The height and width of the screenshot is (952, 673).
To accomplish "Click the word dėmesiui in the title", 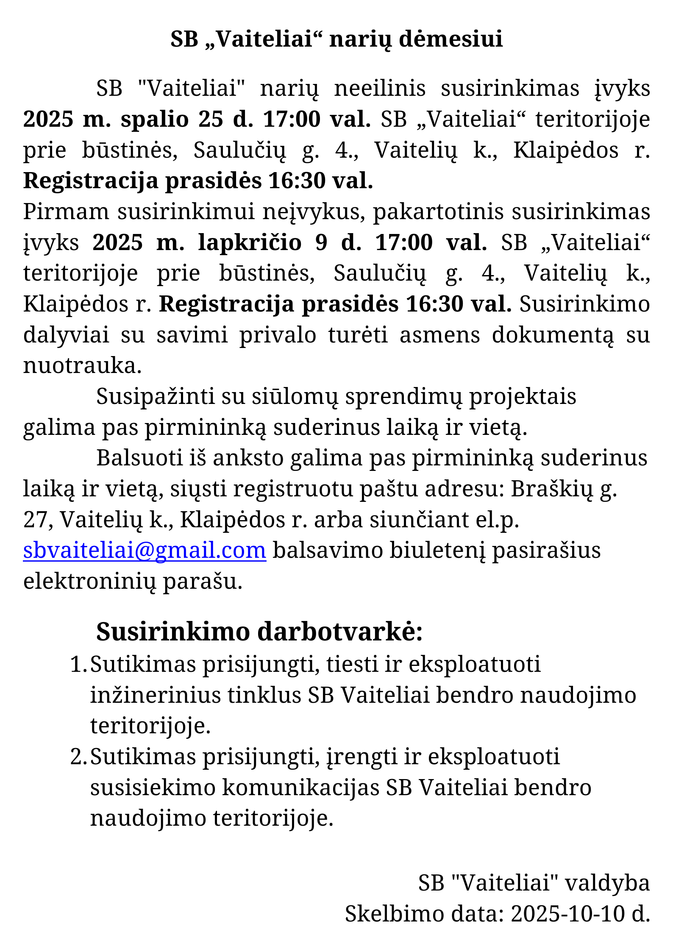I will click(x=451, y=39).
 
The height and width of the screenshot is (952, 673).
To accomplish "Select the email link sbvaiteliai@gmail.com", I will click(x=145, y=551).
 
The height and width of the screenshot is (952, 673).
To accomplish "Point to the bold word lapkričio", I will click(x=250, y=242).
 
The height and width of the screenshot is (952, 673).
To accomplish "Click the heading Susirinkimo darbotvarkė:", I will click(x=259, y=632).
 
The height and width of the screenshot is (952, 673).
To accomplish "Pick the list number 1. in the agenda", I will click(x=78, y=664).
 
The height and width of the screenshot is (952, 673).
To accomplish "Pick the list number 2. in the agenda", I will click(x=78, y=757).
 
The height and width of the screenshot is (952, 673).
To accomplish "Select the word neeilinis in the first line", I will click(x=380, y=89).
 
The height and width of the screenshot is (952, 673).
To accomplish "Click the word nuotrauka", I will click(x=82, y=365).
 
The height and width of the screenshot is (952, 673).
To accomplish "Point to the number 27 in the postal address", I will click(x=36, y=520).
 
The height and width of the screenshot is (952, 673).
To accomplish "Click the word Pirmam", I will click(x=66, y=212).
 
